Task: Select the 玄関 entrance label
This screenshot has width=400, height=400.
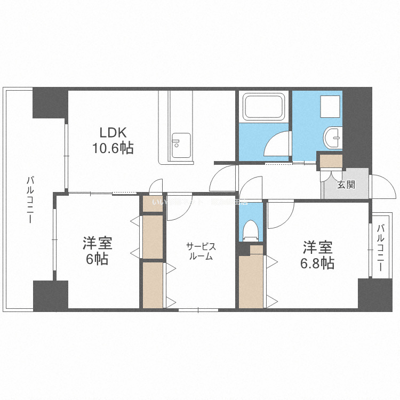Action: [346, 185]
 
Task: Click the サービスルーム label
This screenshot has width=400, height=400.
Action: [201, 251]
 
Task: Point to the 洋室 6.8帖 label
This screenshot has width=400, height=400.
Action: [318, 255]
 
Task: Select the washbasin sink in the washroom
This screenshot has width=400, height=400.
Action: [334, 138]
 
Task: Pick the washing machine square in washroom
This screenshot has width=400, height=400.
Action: [330, 107]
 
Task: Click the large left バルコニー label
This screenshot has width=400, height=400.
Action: [30, 200]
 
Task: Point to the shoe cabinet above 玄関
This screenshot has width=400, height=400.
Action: [331, 161]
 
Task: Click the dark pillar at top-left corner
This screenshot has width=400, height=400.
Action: [50, 102]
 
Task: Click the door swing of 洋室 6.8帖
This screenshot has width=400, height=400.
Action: [279, 213]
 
